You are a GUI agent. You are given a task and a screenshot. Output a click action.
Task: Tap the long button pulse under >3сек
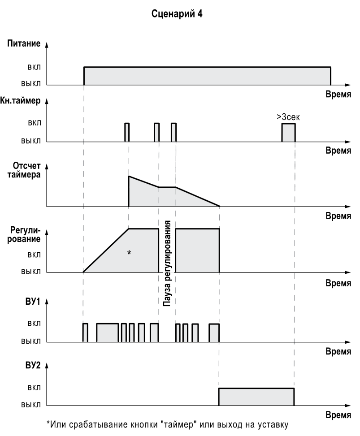pos(288,133)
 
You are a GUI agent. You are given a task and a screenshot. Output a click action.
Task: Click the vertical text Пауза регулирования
pos(167,263)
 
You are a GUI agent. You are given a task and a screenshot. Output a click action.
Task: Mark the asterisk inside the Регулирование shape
pos(129,253)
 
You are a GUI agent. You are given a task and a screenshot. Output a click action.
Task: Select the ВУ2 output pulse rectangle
pos(256,397)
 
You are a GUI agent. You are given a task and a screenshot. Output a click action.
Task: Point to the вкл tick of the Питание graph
pos(33,68)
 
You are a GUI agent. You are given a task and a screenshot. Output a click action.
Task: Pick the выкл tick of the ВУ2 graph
pos(31,405)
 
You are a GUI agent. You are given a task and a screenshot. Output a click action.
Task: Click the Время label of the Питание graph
pos(338,94)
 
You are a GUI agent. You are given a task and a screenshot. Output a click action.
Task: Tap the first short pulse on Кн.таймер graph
pos(127,132)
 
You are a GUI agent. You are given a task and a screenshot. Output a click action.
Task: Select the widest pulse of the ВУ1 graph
pos(107,332)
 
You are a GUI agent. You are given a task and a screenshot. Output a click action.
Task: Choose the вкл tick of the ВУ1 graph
pos(33,324)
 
